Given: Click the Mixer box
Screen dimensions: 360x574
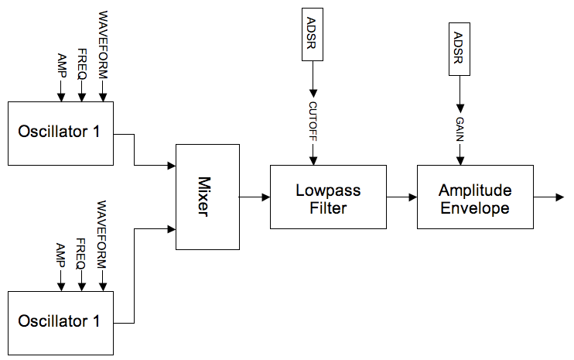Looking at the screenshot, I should pos(207,197).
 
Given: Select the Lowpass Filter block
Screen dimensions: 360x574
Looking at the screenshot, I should pos(328,197).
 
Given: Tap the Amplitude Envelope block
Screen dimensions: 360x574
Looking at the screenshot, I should pos(474,197).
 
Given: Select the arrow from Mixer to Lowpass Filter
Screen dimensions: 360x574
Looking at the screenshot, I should pos(255,197).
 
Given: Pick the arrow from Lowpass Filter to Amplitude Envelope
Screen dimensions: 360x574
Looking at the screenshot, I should pos(401,197).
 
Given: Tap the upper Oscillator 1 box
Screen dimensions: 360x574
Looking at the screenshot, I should pos(60,132).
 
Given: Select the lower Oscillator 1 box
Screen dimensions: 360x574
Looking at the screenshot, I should pos(60,322).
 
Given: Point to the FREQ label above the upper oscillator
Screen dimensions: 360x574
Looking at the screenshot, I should pos(81,63).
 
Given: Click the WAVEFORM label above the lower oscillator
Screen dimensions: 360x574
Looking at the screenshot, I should pos(101,233).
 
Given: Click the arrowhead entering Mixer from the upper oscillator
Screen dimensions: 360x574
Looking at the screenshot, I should pos(171,165).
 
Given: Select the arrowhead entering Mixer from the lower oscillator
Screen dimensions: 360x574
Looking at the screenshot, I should pos(171,228).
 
